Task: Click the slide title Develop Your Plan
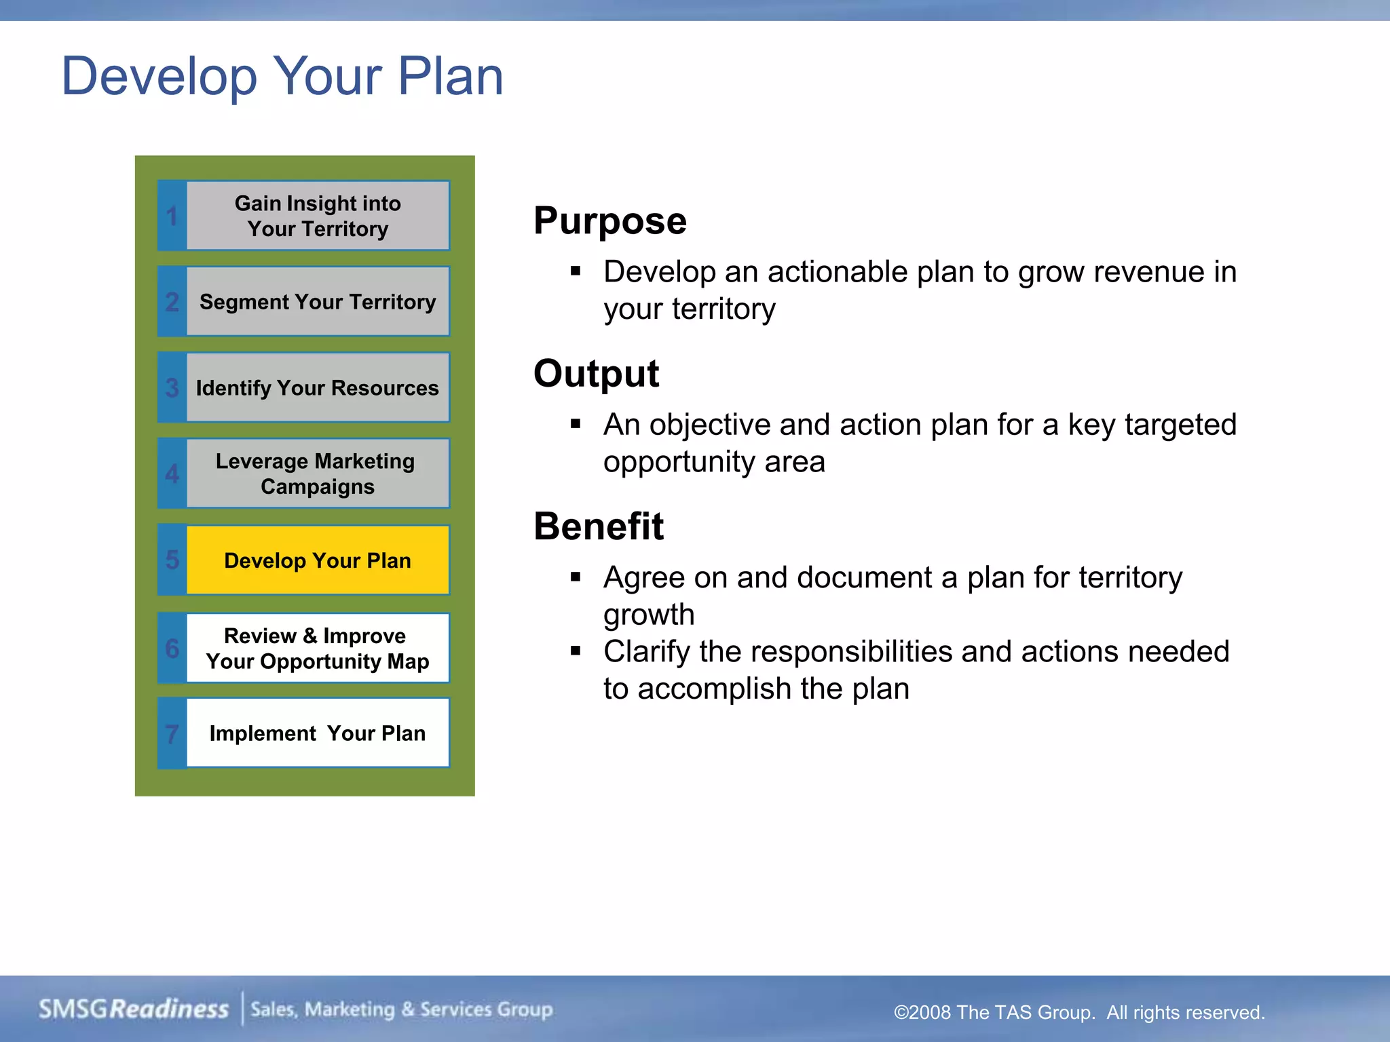tap(282, 76)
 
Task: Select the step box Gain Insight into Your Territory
tap(318, 216)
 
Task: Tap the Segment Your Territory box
tap(318, 301)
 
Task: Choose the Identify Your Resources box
tap(318, 387)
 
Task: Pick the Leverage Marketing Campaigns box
tap(318, 474)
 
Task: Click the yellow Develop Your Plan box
tap(318, 560)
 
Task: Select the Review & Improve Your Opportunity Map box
tap(318, 648)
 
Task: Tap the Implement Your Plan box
tap(318, 733)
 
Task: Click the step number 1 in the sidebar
tap(172, 216)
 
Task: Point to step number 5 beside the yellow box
tap(172, 560)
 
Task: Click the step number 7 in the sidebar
tap(172, 734)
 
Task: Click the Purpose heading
tap(609, 221)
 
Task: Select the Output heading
tap(596, 374)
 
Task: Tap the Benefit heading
tap(599, 526)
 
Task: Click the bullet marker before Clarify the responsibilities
tap(576, 651)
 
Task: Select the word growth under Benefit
tap(649, 615)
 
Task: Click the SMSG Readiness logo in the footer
tap(134, 1009)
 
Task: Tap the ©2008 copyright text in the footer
tap(1079, 1012)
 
